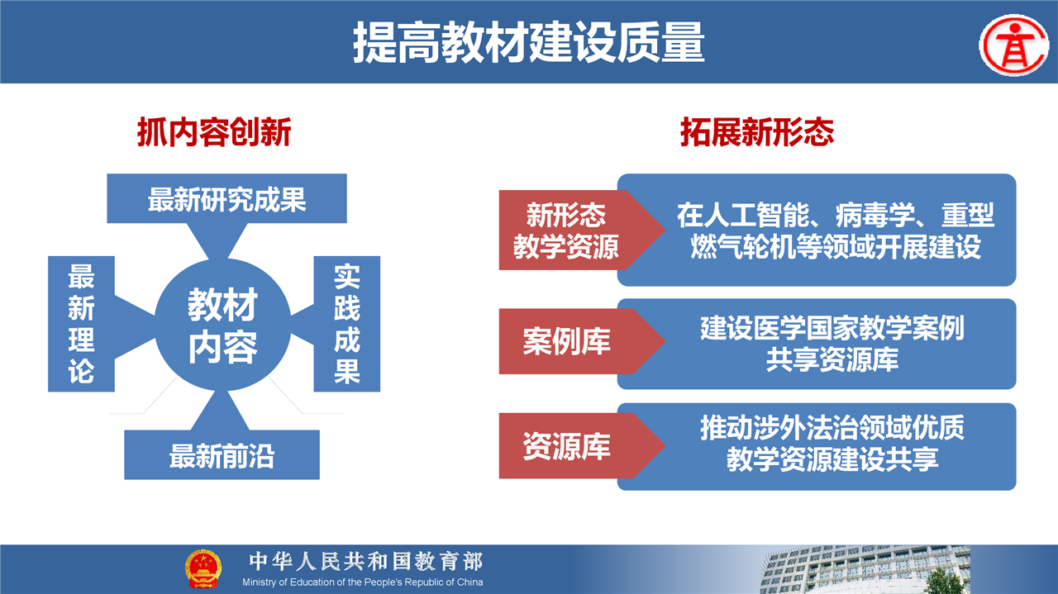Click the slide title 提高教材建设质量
pos(529,42)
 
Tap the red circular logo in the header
pos(1013,45)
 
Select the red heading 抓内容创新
pos(214,132)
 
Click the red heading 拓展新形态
pos(757,132)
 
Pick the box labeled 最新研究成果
pos(226,198)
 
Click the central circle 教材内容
pos(222,325)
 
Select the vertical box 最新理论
pos(81,324)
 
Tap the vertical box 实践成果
pos(347,324)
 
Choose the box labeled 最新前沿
pos(222,454)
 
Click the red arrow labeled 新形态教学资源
pos(581,230)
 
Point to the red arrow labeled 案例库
pos(581,341)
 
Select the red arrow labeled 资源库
pos(581,446)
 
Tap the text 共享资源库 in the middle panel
pos(832,360)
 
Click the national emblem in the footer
pos(203,568)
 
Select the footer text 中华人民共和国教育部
pos(366,562)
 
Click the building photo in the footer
pos(865,569)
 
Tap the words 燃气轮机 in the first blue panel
pos(743,246)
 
